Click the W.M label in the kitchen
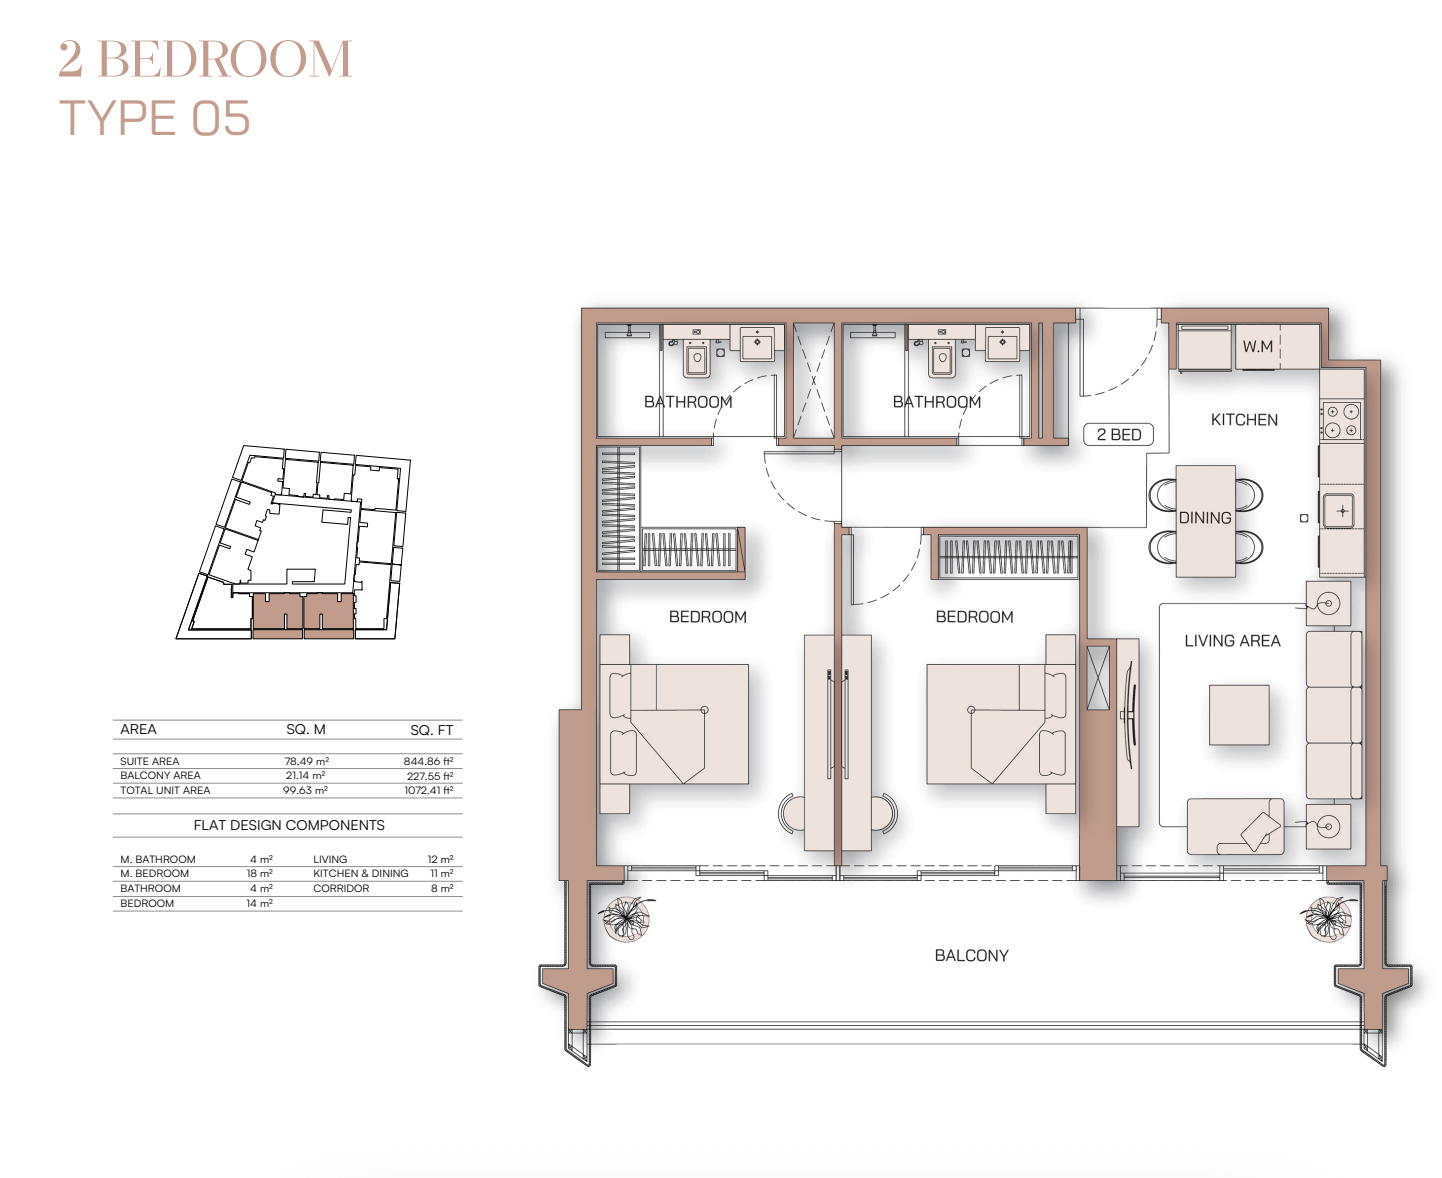(1257, 347)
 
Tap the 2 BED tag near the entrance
(1119, 435)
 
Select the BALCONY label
(971, 956)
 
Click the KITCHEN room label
(1244, 420)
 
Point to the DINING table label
(1205, 518)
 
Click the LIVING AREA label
(1232, 641)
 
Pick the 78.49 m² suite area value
(307, 761)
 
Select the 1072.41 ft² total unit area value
(429, 790)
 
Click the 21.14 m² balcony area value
(306, 775)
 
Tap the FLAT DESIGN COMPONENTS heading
(289, 825)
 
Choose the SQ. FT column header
(431, 730)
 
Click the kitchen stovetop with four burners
(1341, 420)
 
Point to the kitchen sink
(1342, 511)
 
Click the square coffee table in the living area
(1239, 715)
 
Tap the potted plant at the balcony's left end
(626, 919)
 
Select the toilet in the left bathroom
(696, 358)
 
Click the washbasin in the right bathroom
(1002, 342)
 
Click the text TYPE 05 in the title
(155, 118)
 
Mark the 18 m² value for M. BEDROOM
(259, 874)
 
